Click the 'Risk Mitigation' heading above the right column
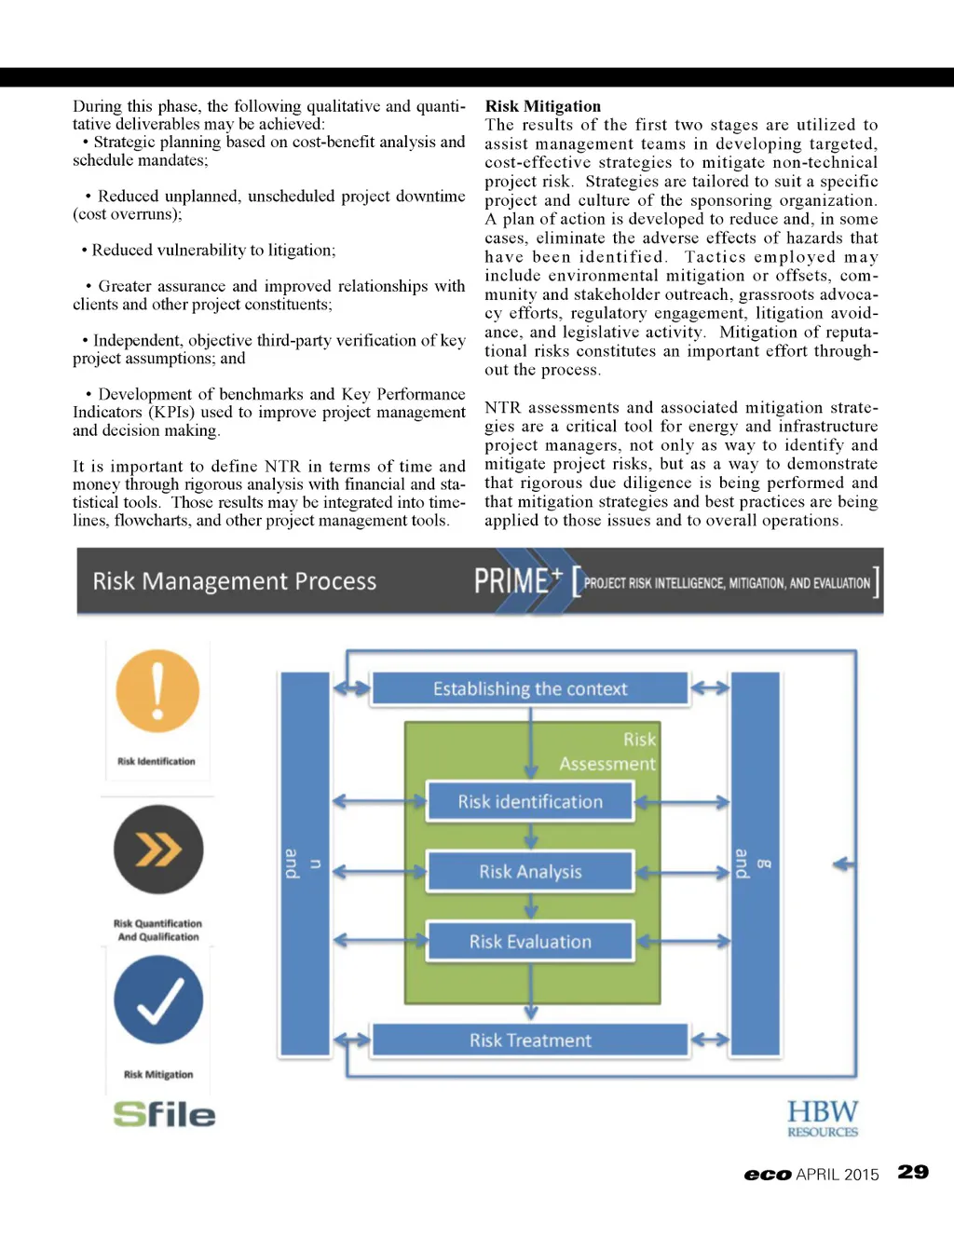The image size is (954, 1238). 542,106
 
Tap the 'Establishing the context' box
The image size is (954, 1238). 530,689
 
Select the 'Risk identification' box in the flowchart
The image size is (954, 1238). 530,802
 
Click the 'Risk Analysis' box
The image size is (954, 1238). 530,872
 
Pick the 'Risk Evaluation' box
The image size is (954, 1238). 530,942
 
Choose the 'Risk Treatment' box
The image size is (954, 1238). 530,1041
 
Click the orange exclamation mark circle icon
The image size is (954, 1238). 157,691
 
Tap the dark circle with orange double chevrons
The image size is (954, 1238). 158,849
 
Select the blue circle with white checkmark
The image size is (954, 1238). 158,1000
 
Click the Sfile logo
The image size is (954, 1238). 164,1114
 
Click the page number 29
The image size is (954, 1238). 913,1172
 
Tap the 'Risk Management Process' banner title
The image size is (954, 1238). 234,581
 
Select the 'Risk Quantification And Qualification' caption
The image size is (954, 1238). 157,931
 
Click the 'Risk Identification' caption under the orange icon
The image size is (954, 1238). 157,761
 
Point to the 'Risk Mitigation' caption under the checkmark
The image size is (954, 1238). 158,1074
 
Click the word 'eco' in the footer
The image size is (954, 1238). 767,1175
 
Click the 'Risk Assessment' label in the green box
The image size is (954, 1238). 608,752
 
